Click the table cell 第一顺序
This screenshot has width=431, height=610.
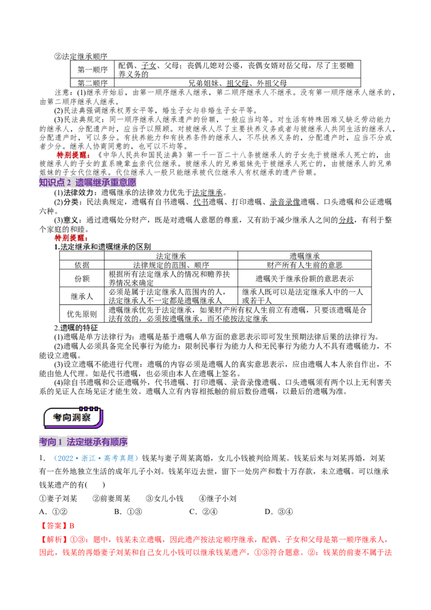point(92,70)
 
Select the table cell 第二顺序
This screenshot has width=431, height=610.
point(92,83)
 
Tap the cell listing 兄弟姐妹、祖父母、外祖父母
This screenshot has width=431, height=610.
point(237,83)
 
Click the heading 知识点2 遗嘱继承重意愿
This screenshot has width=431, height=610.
point(87,183)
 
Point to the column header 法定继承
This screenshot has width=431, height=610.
point(171,255)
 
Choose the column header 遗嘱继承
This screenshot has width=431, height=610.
point(304,255)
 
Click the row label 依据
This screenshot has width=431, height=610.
point(82,265)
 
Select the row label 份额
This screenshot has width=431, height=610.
point(82,279)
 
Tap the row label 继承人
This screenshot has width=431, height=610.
point(82,296)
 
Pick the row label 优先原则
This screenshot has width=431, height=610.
point(82,314)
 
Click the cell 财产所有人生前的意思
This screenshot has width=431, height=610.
point(304,265)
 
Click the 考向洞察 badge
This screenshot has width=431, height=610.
point(73,418)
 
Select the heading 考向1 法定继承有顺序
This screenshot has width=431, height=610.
point(84,442)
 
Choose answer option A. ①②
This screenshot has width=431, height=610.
point(53,511)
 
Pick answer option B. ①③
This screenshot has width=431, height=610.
point(128,511)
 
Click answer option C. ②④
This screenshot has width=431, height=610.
point(203,511)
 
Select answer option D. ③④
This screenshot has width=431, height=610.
point(279,511)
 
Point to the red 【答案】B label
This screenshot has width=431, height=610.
point(57,525)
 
